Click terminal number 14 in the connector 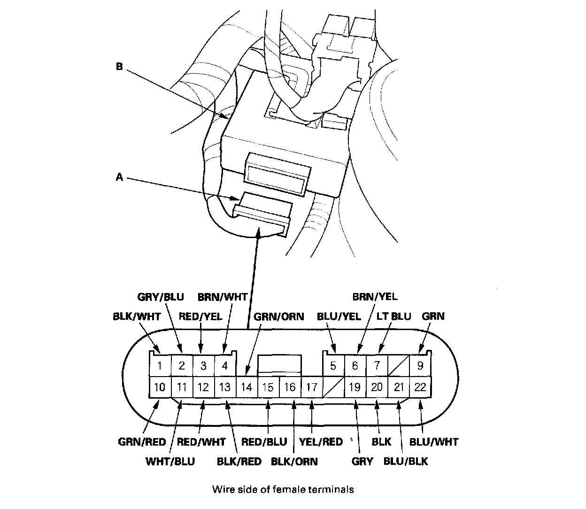[x=247, y=387]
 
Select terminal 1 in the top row [x=160, y=366]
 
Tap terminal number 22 [x=421, y=387]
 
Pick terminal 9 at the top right [x=421, y=365]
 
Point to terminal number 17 [x=312, y=387]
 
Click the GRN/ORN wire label [x=278, y=316]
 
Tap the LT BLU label [x=393, y=316]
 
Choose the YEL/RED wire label [x=321, y=442]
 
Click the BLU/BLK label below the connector [x=406, y=461]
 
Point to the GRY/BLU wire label [x=161, y=297]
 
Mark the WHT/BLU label [x=170, y=461]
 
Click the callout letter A [x=119, y=177]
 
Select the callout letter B [x=119, y=67]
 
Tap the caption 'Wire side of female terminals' [x=283, y=490]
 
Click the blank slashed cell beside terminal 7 [x=399, y=365]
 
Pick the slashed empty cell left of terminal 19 [x=334, y=387]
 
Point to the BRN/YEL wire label [x=375, y=297]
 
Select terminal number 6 [x=355, y=365]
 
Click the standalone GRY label [x=362, y=461]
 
